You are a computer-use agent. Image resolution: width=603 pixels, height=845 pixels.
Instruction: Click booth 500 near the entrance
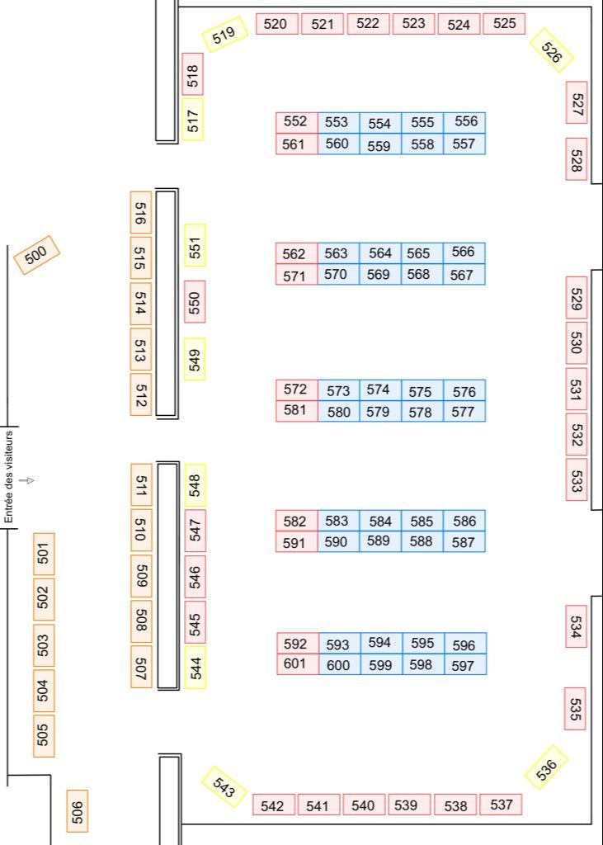click(37, 256)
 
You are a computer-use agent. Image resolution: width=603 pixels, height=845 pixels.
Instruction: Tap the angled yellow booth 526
click(552, 50)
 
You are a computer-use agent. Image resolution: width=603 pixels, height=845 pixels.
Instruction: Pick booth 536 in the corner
click(546, 767)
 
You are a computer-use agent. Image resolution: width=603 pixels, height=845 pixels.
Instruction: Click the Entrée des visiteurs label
click(10, 477)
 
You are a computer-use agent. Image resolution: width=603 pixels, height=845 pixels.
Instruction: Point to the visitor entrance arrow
click(27, 480)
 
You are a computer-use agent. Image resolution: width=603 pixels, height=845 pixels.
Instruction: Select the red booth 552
click(295, 122)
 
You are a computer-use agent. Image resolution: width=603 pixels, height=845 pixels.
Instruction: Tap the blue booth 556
click(465, 122)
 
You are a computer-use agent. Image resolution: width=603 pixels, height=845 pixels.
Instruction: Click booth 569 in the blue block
click(379, 275)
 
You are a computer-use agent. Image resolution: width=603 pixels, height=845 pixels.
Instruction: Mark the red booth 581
click(295, 411)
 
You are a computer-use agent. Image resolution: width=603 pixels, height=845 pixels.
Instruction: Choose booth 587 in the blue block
click(464, 542)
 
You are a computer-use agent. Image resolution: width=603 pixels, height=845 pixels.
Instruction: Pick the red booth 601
click(295, 664)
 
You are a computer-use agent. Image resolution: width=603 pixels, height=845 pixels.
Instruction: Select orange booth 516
click(141, 213)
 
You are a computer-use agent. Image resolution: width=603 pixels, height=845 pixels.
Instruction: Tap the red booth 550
click(196, 302)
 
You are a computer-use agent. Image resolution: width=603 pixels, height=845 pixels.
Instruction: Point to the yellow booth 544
click(196, 668)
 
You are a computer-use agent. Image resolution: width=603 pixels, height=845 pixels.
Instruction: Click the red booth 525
click(504, 24)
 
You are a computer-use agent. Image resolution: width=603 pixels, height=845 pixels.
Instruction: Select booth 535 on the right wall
click(575, 709)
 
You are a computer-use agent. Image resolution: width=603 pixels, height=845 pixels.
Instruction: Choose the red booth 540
click(363, 805)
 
